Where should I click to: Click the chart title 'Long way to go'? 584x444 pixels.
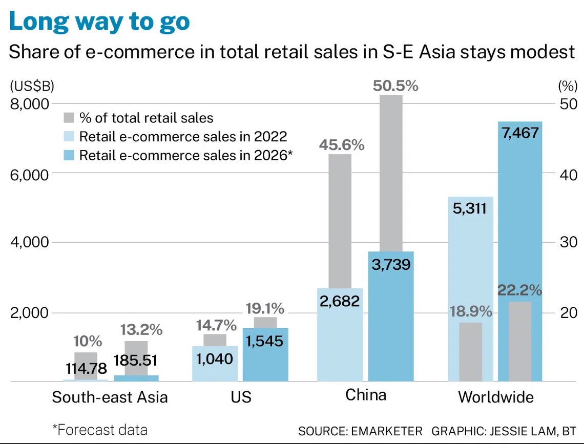(99, 22)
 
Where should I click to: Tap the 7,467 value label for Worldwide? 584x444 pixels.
(520, 133)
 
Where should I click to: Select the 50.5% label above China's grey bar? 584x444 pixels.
(395, 86)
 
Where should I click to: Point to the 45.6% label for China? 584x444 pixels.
(342, 145)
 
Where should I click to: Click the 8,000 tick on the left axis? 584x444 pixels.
(30, 104)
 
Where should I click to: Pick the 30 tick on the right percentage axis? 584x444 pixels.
(568, 242)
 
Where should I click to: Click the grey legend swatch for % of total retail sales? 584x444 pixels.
(69, 118)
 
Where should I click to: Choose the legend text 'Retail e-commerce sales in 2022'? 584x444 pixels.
(183, 137)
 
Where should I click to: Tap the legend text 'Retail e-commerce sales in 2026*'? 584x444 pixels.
(186, 155)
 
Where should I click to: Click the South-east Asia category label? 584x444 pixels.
(110, 397)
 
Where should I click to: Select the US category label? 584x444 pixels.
(241, 397)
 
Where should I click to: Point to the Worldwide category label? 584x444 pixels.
(496, 397)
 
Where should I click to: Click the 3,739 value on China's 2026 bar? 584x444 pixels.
(391, 265)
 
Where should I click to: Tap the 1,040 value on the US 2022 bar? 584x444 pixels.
(215, 359)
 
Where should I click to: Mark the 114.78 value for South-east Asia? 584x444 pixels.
(87, 369)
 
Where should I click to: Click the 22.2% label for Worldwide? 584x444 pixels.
(519, 290)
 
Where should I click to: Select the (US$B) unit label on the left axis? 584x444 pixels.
(32, 87)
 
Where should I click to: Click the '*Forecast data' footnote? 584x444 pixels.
(100, 430)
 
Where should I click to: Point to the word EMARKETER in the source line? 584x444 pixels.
(387, 431)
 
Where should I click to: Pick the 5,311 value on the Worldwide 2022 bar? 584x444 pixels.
(470, 208)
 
